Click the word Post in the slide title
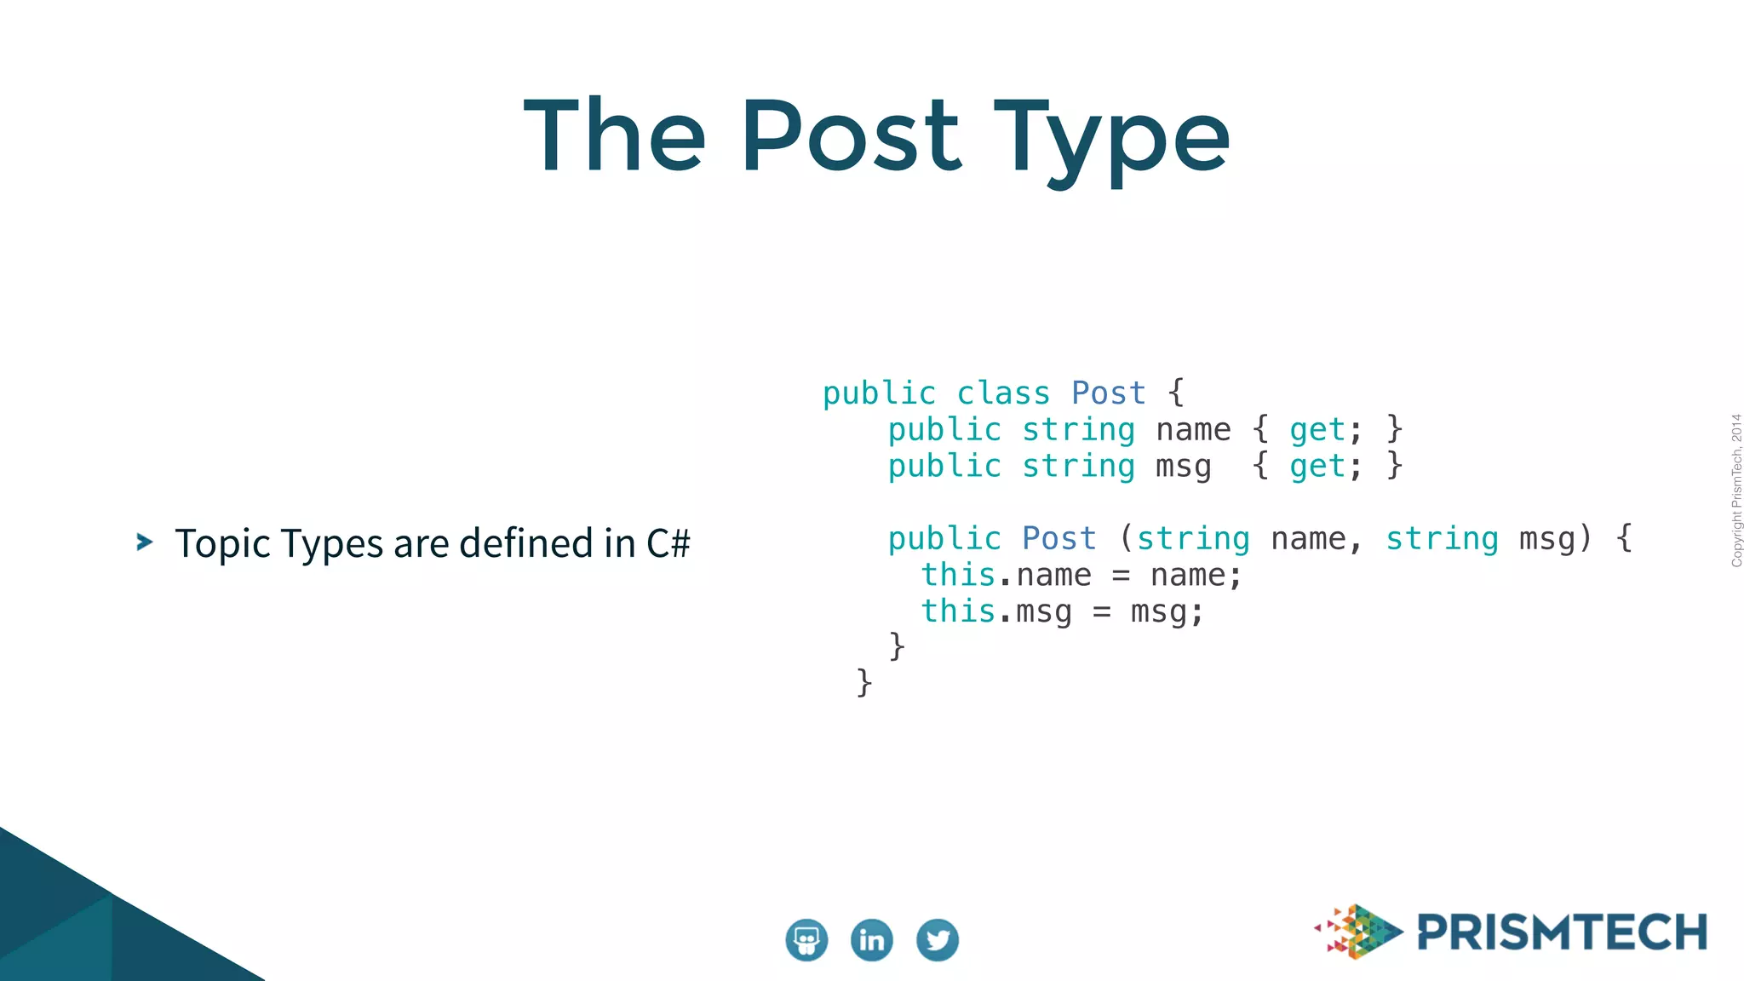852,136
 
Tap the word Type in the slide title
1111,141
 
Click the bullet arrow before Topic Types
145,542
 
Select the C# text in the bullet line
668,543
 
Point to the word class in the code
1003,393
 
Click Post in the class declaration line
1109,393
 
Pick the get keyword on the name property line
1317,430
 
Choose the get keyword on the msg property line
1317,467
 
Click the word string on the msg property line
1078,467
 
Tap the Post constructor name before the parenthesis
1059,539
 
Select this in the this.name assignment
958,576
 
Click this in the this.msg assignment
958,611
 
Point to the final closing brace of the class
864,682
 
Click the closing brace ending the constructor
897,646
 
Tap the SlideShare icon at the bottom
806,940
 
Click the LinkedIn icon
872,940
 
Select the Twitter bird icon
938,940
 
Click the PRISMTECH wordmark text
1563,932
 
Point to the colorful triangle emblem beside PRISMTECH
1359,932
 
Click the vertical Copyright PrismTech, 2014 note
1736,490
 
